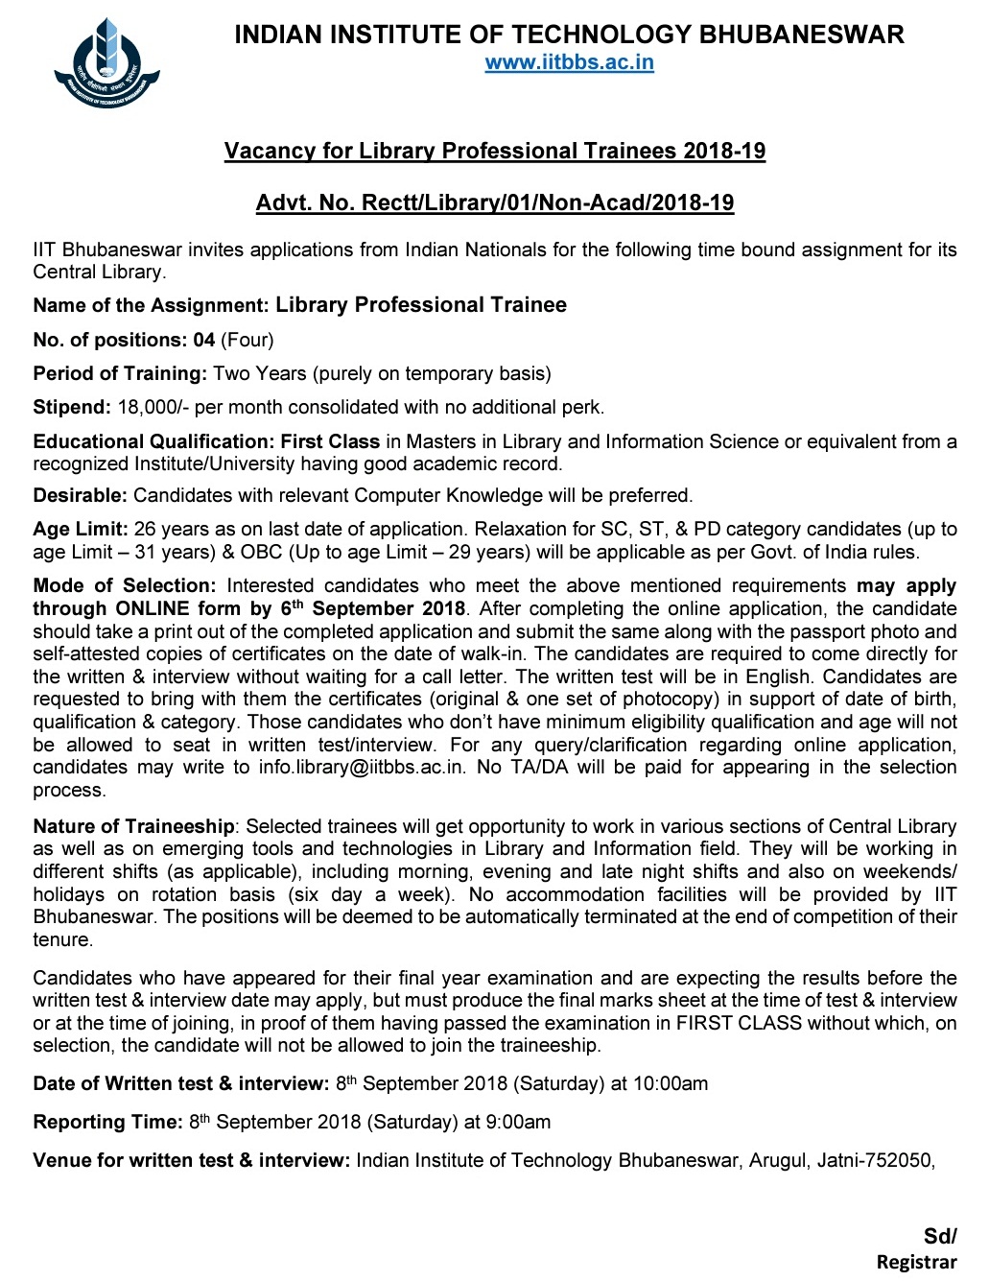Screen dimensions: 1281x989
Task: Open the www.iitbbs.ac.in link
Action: pos(569,63)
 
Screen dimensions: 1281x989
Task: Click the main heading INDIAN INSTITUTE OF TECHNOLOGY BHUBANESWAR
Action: pos(569,36)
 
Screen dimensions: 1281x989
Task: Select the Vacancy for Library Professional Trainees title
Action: pos(494,152)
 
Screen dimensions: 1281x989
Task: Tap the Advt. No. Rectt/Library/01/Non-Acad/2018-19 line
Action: pos(494,203)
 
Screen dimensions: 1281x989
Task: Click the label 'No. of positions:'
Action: pos(109,340)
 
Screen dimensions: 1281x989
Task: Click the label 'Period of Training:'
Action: pos(120,373)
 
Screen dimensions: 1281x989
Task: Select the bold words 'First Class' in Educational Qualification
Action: pos(330,441)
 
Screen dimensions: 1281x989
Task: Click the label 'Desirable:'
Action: pos(80,495)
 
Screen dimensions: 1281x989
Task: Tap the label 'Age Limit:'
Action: pos(81,529)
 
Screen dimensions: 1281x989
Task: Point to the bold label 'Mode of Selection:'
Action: pos(124,585)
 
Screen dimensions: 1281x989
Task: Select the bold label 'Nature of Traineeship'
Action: pos(133,826)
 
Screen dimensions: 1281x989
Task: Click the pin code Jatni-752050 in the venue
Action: pos(874,1161)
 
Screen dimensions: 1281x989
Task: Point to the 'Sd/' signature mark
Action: pos(939,1237)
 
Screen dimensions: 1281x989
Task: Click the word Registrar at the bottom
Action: pos(916,1263)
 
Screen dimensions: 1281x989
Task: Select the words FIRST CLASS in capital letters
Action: pos(739,1023)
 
